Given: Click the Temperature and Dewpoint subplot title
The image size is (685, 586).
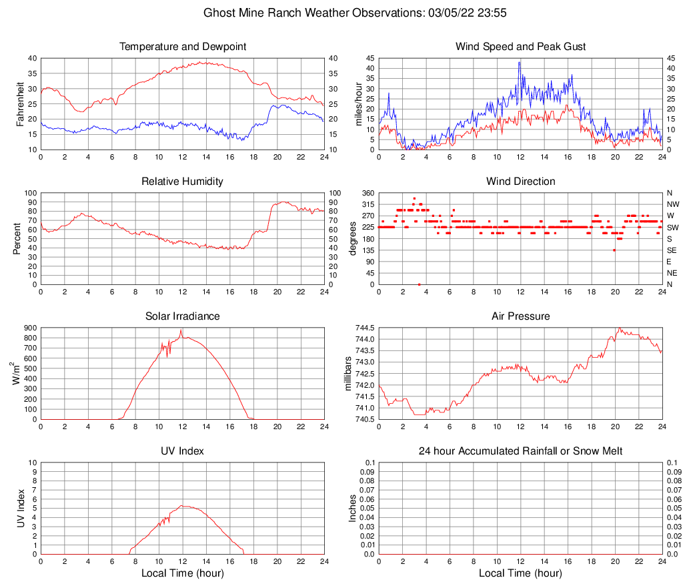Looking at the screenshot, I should click(183, 47).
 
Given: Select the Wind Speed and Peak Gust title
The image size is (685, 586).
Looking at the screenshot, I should click(520, 47).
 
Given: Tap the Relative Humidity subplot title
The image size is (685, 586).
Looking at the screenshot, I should click(183, 182).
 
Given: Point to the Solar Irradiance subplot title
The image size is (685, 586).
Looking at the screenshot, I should click(183, 316).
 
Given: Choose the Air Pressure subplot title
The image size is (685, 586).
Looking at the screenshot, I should click(520, 316).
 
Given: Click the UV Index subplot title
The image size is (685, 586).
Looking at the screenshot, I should click(183, 451).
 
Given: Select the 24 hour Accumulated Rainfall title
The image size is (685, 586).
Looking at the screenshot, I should click(520, 451).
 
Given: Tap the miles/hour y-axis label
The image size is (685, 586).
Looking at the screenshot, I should click(358, 103).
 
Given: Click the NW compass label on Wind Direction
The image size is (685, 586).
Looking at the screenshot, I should click(672, 204).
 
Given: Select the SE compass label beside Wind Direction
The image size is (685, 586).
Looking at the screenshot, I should click(672, 250).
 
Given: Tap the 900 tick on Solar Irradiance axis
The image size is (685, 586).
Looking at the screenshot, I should click(29, 328).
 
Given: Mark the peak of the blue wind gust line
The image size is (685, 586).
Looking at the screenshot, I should click(519, 62).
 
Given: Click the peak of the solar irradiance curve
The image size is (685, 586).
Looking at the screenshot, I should click(181, 330).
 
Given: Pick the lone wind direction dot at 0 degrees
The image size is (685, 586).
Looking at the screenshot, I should click(419, 284).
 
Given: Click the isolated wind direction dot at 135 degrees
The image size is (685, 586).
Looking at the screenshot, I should click(614, 250).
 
